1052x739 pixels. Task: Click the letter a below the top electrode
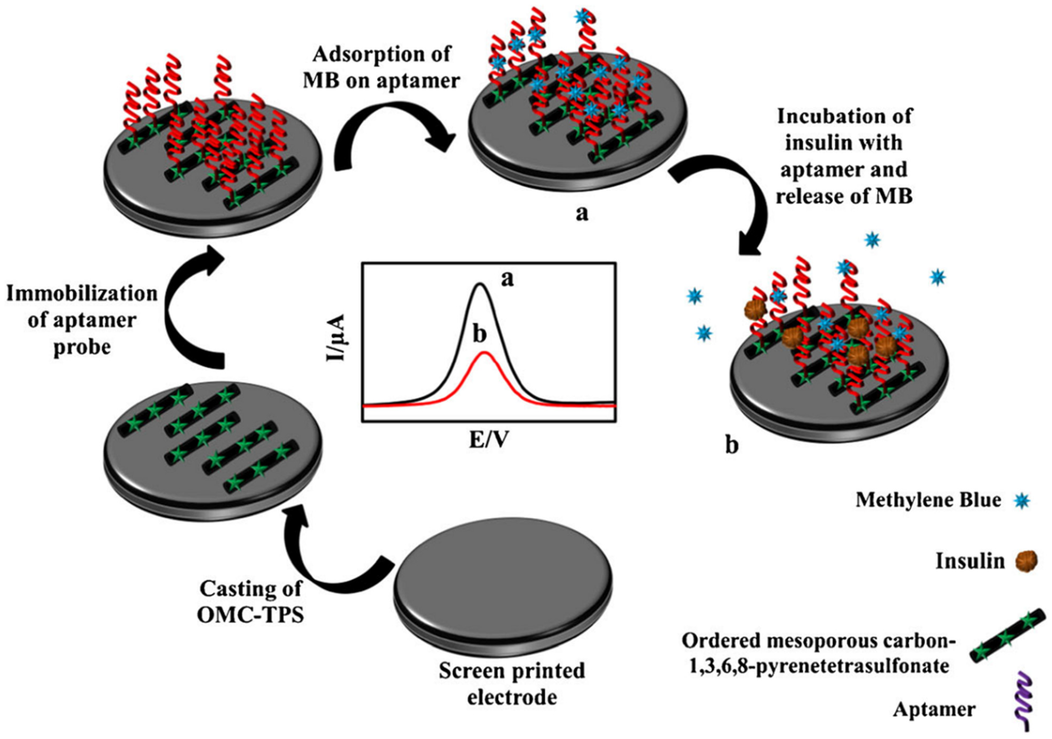click(581, 213)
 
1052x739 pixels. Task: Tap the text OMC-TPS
click(250, 616)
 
